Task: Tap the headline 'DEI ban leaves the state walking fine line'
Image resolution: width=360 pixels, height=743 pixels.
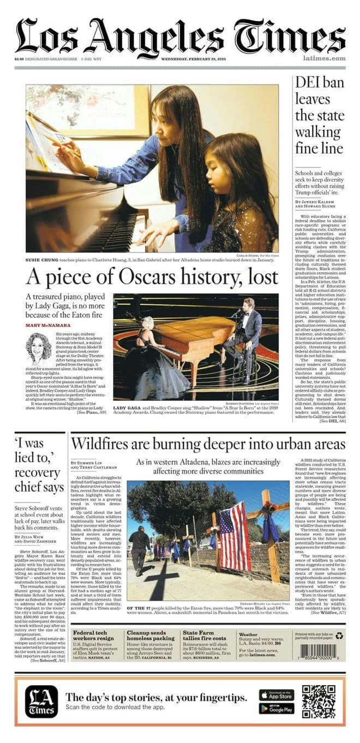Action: [320, 115]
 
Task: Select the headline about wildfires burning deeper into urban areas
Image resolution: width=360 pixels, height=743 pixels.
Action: [208, 443]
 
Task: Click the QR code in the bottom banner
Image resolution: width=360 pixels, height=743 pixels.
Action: [319, 702]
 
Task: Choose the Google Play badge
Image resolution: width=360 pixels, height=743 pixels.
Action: [276, 708]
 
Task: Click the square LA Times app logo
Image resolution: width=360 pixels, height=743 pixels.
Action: [41, 701]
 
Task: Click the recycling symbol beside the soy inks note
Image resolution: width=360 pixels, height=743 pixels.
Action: [339, 634]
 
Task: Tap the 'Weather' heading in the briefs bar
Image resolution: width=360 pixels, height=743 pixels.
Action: [249, 635]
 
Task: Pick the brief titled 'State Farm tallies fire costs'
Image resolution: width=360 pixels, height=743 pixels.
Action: [205, 636]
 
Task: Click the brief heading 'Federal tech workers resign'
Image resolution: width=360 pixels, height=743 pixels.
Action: [93, 636]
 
